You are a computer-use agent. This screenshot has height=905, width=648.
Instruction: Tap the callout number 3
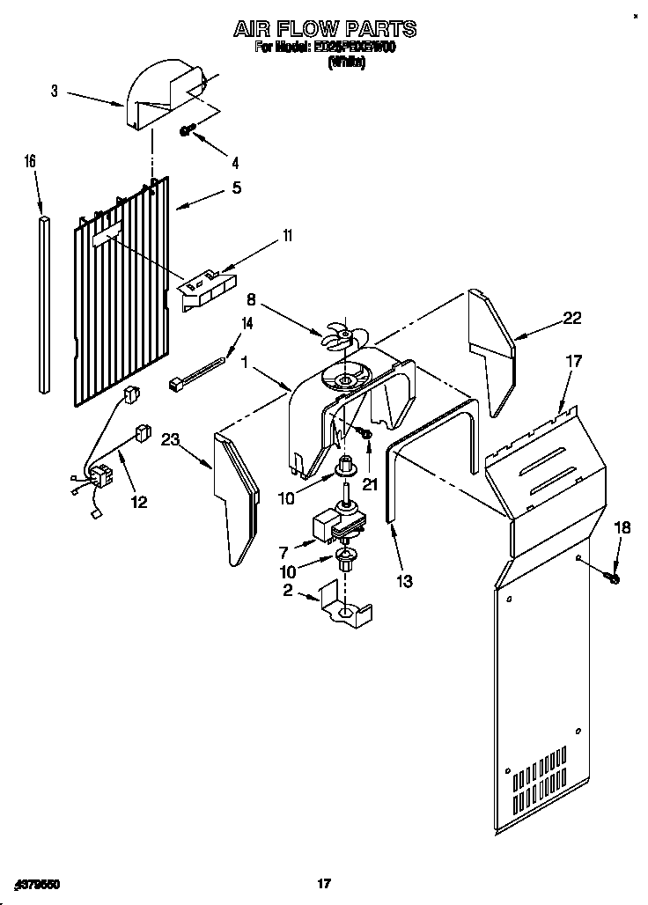pos(55,92)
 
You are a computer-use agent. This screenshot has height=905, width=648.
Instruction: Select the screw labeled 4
pos(187,130)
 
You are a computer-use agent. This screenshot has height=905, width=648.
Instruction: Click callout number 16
pos(30,161)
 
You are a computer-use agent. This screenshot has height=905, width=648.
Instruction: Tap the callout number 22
pos(572,319)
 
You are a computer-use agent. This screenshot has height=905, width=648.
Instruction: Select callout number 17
pos(573,360)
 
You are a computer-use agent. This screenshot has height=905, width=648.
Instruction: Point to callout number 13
pos(404,581)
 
